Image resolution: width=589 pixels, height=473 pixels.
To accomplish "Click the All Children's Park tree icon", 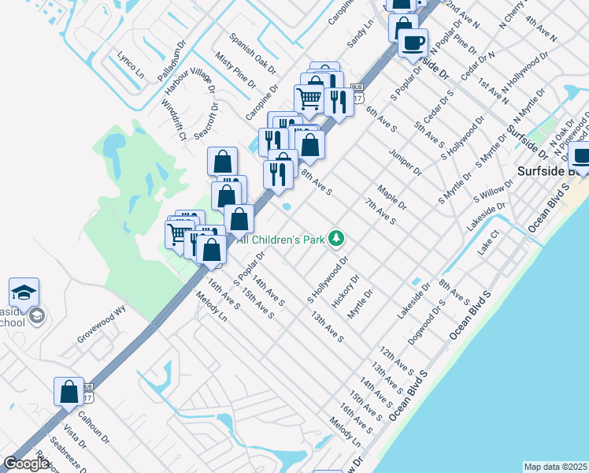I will (337, 237).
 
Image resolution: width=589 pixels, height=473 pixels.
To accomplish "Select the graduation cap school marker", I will (24, 292).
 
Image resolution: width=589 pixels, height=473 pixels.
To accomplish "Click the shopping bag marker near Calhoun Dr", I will (69, 391).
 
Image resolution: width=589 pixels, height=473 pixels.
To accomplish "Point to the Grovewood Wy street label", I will (101, 324).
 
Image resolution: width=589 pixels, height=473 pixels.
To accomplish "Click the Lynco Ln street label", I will (131, 65).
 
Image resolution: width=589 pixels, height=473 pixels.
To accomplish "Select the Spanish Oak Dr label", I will (253, 53).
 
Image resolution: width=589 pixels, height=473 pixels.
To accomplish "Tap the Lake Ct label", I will (489, 243).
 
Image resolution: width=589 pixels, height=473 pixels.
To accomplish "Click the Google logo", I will (26, 464).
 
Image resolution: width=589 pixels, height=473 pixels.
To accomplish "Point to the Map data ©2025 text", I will (555, 467).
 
